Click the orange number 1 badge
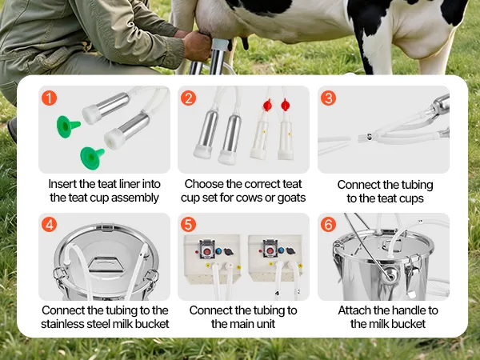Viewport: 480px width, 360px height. click(x=49, y=98)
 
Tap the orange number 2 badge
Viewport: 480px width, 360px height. click(x=188, y=98)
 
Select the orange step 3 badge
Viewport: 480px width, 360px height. click(x=329, y=98)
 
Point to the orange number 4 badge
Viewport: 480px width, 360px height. click(x=49, y=225)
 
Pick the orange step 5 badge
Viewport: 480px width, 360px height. click(x=188, y=225)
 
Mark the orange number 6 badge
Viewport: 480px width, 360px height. click(x=329, y=225)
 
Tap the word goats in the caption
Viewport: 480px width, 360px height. click(x=291, y=198)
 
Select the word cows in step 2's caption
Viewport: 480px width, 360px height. click(x=248, y=198)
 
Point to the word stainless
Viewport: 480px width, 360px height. click(x=60, y=324)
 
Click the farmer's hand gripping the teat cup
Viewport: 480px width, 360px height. click(x=198, y=46)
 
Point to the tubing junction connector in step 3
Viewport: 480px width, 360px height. click(x=369, y=137)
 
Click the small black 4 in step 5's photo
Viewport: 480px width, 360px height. click(x=278, y=294)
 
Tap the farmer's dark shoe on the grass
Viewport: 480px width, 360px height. click(x=12, y=129)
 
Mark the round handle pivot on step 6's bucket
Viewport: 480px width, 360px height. click(x=391, y=274)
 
